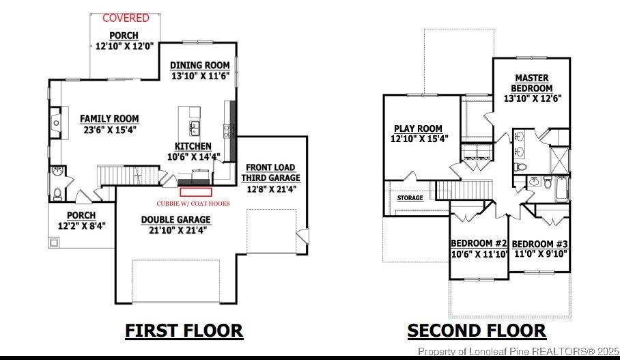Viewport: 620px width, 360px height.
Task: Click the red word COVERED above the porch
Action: click(x=126, y=18)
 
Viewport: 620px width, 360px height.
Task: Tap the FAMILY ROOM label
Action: click(x=109, y=118)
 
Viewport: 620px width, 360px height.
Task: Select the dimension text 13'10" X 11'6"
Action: click(x=199, y=77)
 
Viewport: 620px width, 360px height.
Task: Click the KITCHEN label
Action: click(x=193, y=146)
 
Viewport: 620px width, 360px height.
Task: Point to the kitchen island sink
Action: click(x=195, y=126)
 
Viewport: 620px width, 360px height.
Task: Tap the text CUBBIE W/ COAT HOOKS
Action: click(x=193, y=204)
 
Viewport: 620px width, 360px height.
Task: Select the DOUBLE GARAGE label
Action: click(x=176, y=220)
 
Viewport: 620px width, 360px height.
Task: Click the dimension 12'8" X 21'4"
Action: click(x=270, y=189)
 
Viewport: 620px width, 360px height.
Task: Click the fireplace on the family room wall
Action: click(x=54, y=122)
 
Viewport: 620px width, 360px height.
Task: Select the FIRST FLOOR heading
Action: click(x=184, y=331)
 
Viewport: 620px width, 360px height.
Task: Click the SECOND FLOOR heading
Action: click(x=477, y=331)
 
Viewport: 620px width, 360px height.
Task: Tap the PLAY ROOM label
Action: click(x=418, y=128)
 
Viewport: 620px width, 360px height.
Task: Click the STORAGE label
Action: click(x=410, y=198)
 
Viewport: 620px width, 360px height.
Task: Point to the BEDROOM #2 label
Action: click(x=479, y=244)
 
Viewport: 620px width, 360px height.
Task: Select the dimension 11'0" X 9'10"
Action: click(x=539, y=254)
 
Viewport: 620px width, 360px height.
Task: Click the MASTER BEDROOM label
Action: click(x=532, y=83)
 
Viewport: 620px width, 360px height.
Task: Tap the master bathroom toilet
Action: click(x=521, y=166)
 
